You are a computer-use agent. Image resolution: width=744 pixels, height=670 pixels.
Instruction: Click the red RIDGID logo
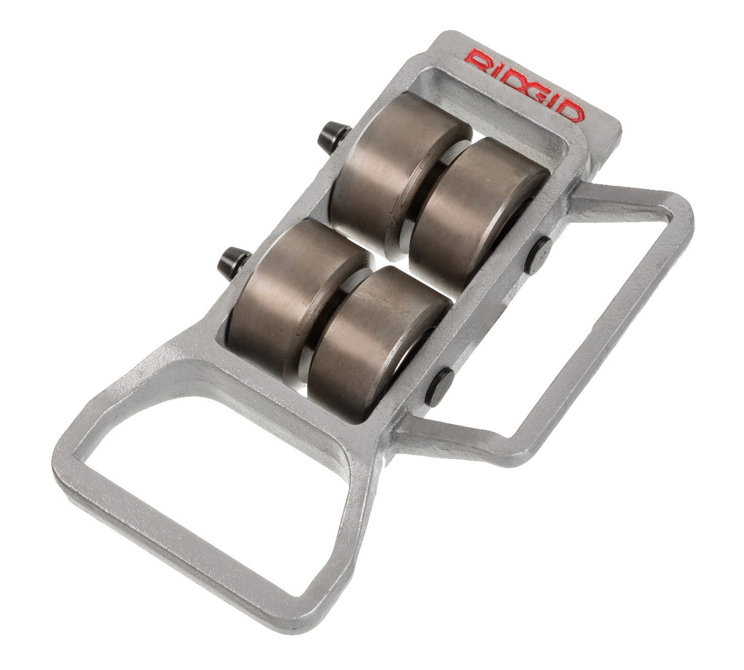525,85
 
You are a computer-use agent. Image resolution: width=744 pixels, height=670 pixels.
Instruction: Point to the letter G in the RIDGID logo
539,93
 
